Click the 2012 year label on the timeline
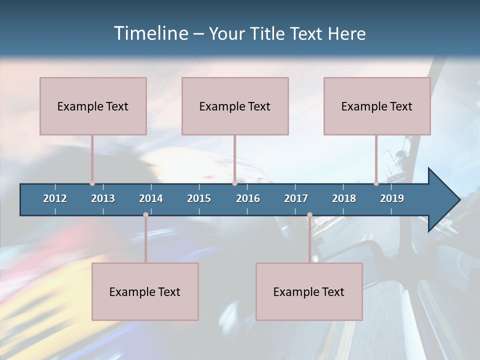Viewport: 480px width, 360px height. [55, 198]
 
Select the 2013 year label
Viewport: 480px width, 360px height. [103, 198]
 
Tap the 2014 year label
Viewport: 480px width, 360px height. [151, 198]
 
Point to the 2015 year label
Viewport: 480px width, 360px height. [199, 198]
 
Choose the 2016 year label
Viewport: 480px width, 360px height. [248, 198]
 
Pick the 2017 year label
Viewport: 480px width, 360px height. [296, 198]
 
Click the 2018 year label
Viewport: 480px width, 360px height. [344, 198]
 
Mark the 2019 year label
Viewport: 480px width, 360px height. [392, 198]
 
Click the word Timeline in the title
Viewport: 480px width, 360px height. [150, 33]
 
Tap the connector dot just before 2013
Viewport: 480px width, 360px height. [92, 183]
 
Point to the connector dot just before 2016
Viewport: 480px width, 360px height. [234, 183]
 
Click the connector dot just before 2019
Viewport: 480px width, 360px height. [376, 183]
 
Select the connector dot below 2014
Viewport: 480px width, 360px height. [145, 215]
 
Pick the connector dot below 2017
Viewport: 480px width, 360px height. [309, 215]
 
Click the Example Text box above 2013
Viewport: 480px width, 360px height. [93, 106]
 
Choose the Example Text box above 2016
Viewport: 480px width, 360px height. [235, 106]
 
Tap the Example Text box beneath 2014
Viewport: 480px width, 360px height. [145, 291]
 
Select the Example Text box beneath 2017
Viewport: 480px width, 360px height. [309, 291]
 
